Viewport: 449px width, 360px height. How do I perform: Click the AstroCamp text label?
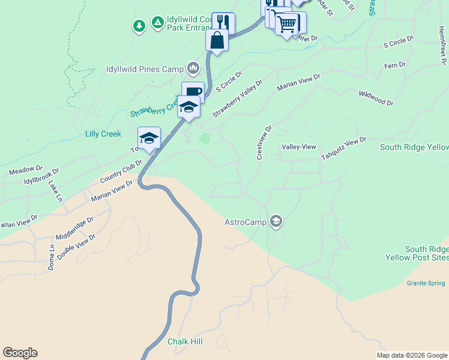pyautogui.click(x=246, y=222)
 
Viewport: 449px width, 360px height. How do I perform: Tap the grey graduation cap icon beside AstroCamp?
pyautogui.click(x=276, y=222)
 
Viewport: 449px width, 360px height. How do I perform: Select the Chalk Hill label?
pyautogui.click(x=185, y=341)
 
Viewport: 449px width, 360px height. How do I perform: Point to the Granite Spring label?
pyautogui.click(x=426, y=283)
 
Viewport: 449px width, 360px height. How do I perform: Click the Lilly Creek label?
pyautogui.click(x=103, y=134)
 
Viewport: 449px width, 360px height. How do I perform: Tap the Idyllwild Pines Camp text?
pyautogui.click(x=145, y=69)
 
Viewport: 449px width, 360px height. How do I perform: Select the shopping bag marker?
pyautogui.click(x=217, y=40)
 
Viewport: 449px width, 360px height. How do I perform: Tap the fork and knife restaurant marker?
pyautogui.click(x=223, y=23)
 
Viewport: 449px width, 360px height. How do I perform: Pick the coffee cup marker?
pyautogui.click(x=193, y=92)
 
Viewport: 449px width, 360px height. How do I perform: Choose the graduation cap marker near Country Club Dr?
pyautogui.click(x=149, y=137)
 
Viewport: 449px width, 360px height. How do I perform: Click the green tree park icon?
pyautogui.click(x=139, y=26)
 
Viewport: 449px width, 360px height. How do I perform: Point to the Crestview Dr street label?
pyautogui.click(x=264, y=142)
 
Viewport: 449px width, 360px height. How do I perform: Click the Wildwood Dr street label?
pyautogui.click(x=376, y=98)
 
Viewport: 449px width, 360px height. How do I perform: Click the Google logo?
pyautogui.click(x=20, y=353)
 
